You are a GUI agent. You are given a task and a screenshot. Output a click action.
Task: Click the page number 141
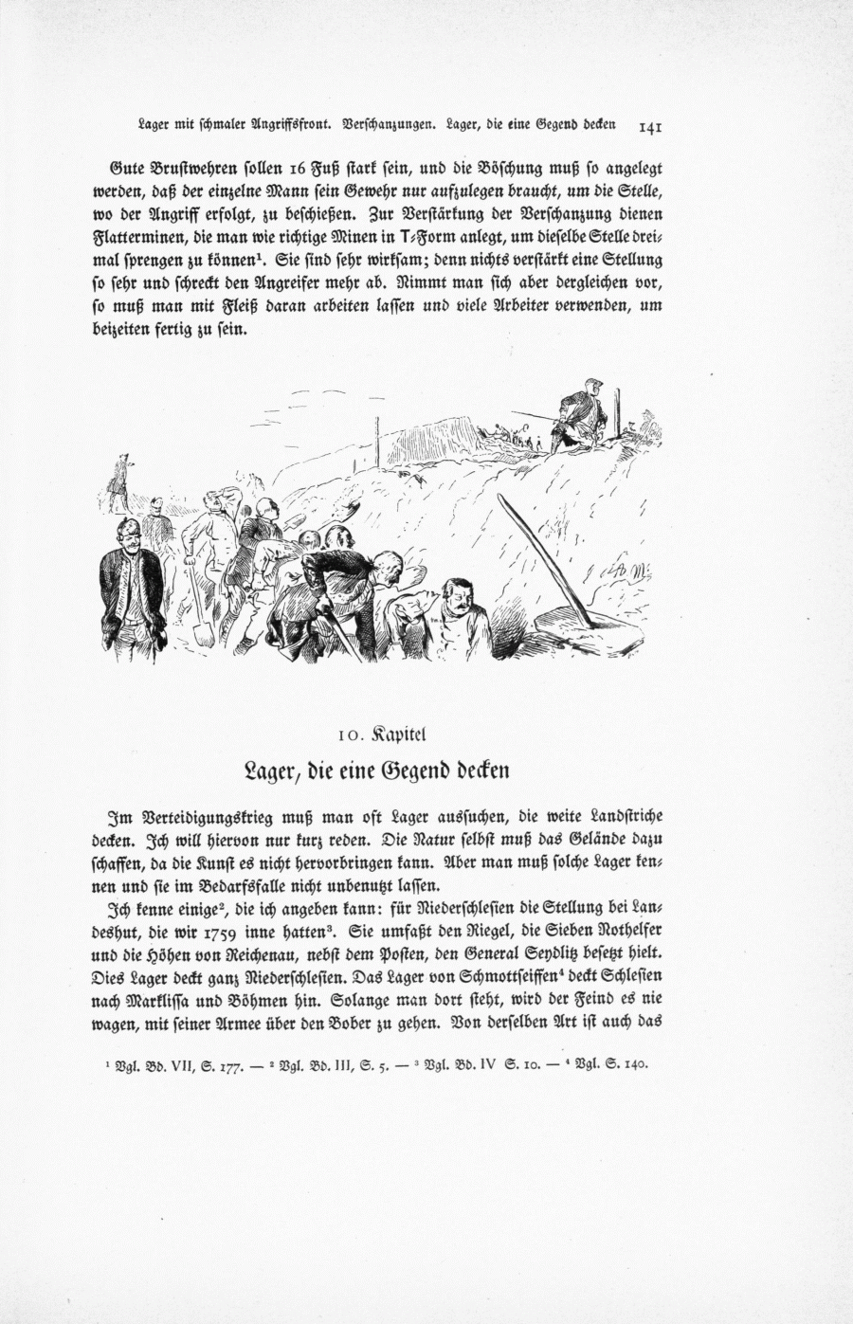pyautogui.click(x=655, y=125)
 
